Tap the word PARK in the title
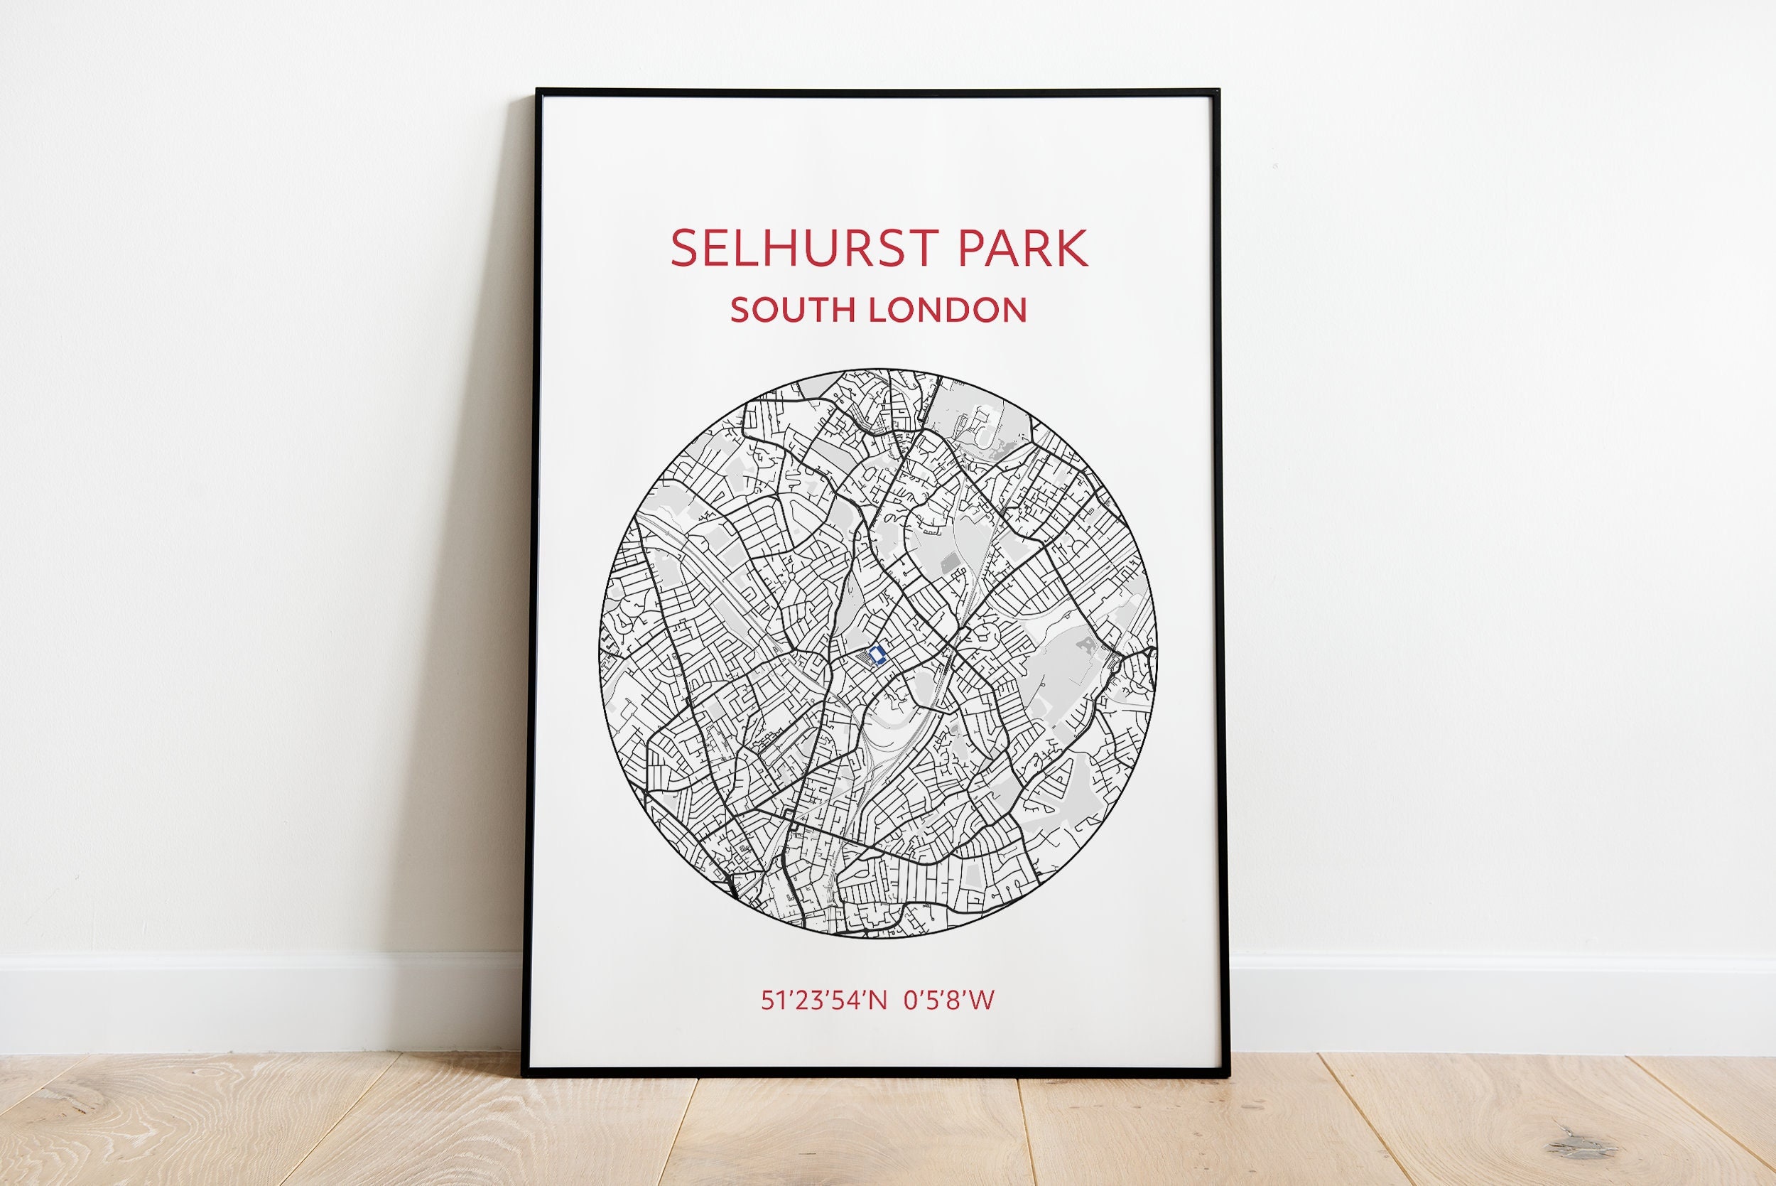[x=1023, y=248]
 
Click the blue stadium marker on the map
[x=877, y=655]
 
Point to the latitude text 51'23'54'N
[x=823, y=1001]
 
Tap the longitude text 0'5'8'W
[x=950, y=1001]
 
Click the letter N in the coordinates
[x=877, y=1001]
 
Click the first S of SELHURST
[x=685, y=248]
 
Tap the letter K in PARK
[x=1072, y=248]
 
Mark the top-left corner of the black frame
[x=538, y=92]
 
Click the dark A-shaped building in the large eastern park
[x=1087, y=644]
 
